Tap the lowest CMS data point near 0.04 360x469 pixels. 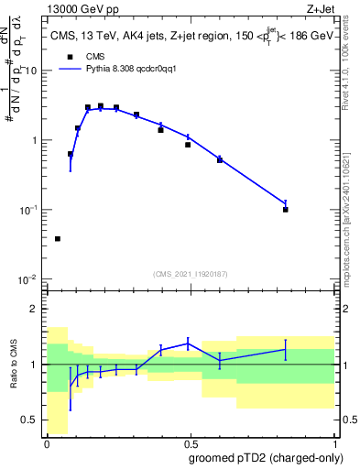(x=58, y=238)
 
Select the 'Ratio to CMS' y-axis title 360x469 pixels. (x=13, y=365)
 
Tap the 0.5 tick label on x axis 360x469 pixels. (x=191, y=442)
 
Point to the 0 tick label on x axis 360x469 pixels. (x=47, y=442)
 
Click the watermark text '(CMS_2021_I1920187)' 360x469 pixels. (x=191, y=274)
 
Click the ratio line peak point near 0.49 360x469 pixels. (x=188, y=343)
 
